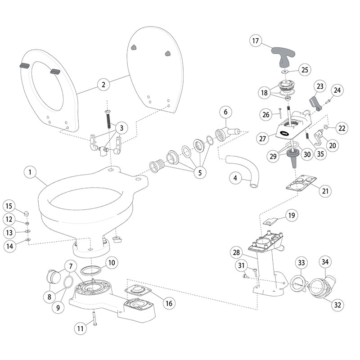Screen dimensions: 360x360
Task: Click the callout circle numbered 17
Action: coord(256,41)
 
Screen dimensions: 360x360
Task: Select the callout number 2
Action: coord(103,84)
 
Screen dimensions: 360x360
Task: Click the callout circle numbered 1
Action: coord(29,172)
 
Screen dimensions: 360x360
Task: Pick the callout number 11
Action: coord(80,329)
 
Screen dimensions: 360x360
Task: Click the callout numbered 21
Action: coord(324,191)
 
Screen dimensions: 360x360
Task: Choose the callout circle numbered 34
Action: coord(324,261)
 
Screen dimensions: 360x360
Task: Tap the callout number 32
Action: coord(337,305)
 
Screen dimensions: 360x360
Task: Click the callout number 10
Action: coord(112,262)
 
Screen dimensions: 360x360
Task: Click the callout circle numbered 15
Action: coord(9,206)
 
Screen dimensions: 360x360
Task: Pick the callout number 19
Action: coord(292,216)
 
